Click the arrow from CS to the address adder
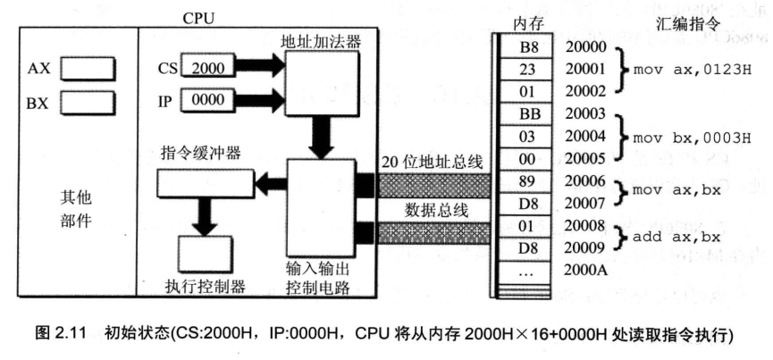260,66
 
